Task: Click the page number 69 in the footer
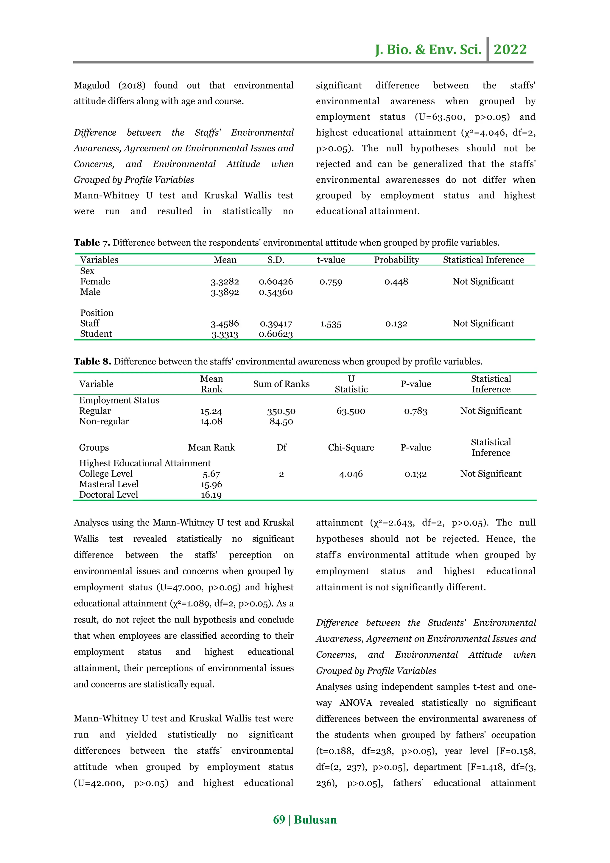click(279, 819)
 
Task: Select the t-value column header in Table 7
click(331, 260)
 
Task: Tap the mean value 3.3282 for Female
click(225, 282)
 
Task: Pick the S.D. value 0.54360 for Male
click(276, 292)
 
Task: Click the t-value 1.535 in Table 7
click(331, 324)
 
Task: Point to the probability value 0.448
click(396, 282)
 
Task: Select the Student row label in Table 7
click(96, 334)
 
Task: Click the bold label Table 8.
click(92, 361)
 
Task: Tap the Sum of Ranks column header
click(281, 384)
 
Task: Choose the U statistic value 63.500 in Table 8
click(351, 411)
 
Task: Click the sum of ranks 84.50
click(281, 421)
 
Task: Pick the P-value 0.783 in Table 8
click(416, 411)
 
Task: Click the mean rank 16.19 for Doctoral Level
click(211, 495)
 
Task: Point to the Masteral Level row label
click(108, 484)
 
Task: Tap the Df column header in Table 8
click(281, 447)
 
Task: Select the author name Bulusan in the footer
click(315, 819)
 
